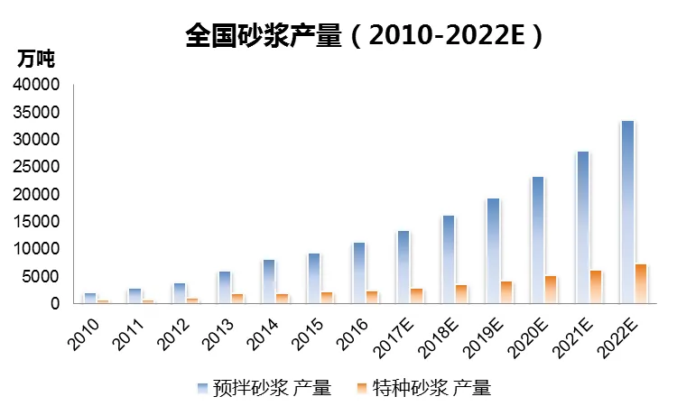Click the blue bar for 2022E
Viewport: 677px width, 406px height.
627,212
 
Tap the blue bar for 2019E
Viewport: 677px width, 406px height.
493,251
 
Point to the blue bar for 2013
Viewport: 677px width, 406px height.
224,287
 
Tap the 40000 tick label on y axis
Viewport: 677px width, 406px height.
37,85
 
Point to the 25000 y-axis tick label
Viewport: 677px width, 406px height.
37,167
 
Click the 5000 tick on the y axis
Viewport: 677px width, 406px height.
42,276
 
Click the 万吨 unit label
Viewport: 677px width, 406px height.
36,60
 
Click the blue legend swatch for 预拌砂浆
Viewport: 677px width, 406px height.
203,388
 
